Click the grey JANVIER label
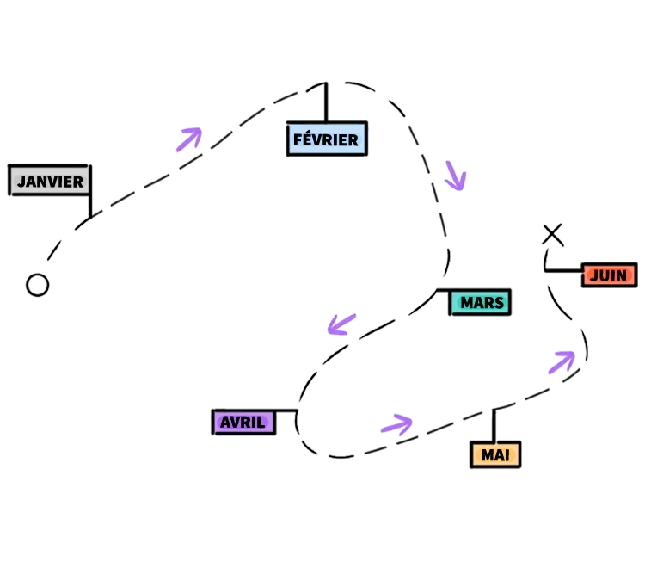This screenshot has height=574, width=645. tap(49, 181)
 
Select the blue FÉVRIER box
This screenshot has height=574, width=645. tap(327, 139)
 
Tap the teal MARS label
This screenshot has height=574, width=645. tap(480, 302)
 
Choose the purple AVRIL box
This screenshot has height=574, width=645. tap(243, 422)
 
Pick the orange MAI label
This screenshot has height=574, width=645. tap(495, 454)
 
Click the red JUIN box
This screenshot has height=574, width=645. tap(609, 275)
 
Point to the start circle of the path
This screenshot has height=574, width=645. tap(38, 285)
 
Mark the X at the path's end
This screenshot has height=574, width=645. tap(552, 234)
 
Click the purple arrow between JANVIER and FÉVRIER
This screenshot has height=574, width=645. tap(190, 139)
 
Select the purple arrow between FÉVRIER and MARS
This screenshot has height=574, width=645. tap(456, 176)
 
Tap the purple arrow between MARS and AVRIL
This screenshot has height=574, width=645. tap(341, 324)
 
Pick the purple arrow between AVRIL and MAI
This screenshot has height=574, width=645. tap(397, 424)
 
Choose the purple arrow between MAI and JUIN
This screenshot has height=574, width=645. tap(562, 362)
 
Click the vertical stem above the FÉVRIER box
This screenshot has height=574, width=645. tap(326, 102)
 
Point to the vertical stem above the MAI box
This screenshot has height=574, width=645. tap(494, 426)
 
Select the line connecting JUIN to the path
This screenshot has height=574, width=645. tap(563, 270)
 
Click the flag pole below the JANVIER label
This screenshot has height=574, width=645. tap(90, 206)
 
